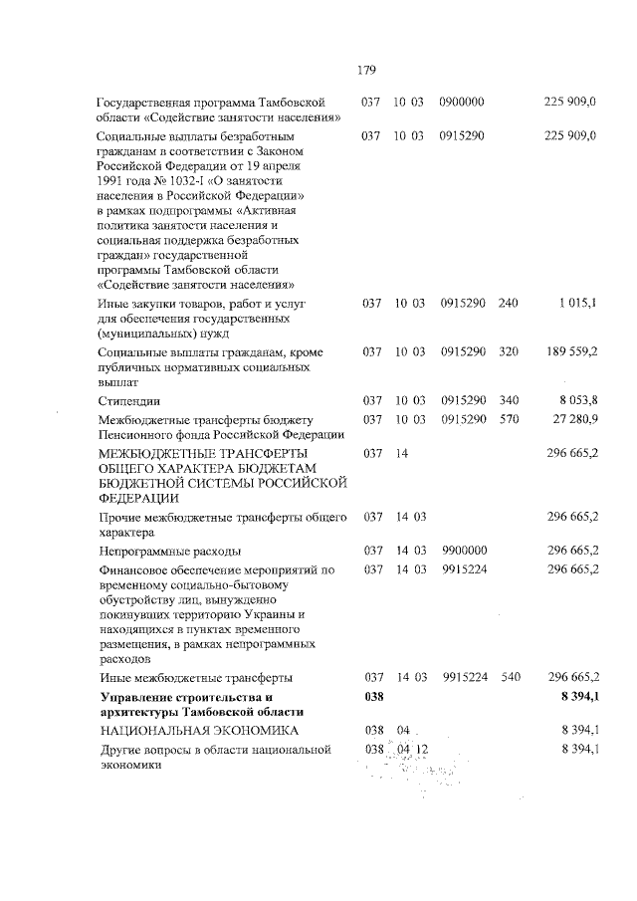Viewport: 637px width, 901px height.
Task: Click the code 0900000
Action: point(462,102)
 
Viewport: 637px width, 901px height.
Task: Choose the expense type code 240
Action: point(509,303)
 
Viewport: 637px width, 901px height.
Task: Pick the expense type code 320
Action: point(509,351)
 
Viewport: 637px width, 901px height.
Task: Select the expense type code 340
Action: point(509,400)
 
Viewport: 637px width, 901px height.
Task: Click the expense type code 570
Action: point(509,418)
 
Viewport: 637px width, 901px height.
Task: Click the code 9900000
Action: point(463,550)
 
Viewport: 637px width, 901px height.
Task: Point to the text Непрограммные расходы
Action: point(168,550)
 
